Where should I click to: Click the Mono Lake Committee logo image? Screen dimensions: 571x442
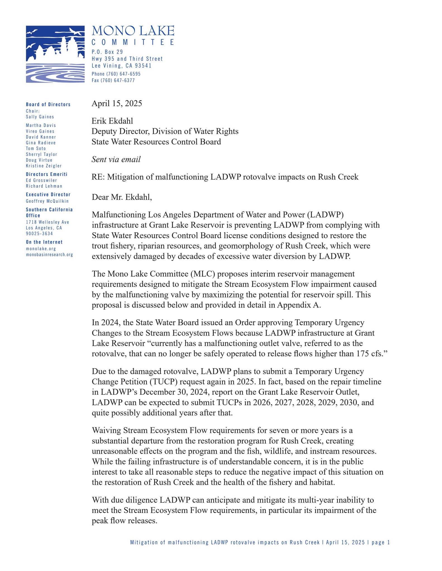[x=55, y=54]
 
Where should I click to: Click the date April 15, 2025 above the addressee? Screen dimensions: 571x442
[x=117, y=103]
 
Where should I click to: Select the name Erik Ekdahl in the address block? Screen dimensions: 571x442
[x=112, y=121]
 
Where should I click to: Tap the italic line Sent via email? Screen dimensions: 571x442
[x=116, y=159]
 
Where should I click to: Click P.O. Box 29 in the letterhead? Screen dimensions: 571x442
[x=107, y=52]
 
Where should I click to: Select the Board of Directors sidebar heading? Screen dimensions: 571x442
[x=48, y=104]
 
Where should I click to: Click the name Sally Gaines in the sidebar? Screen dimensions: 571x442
[x=40, y=117]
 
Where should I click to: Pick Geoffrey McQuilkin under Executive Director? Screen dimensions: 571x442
[x=47, y=201]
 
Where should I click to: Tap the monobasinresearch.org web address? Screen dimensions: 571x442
[x=49, y=255]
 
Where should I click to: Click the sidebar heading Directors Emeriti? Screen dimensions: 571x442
[x=47, y=174]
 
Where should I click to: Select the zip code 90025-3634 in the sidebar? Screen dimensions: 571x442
[x=39, y=234]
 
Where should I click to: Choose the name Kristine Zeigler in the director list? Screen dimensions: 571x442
[x=44, y=166]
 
